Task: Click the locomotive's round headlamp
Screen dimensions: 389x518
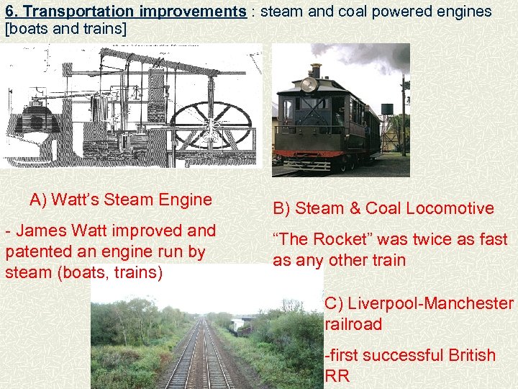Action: [x=310, y=84]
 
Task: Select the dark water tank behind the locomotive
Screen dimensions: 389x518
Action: [x=386, y=109]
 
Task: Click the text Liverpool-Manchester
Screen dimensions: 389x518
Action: [x=419, y=303]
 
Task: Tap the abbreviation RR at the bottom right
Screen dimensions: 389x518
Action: [x=337, y=375]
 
